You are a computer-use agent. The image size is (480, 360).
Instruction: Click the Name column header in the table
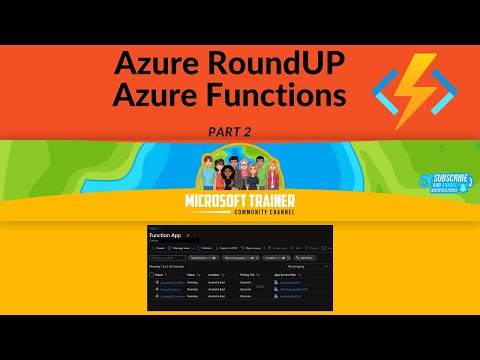coord(165,273)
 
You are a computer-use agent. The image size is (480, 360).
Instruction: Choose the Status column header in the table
coord(193,273)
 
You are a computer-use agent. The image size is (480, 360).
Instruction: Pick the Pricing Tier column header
coord(248,273)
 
